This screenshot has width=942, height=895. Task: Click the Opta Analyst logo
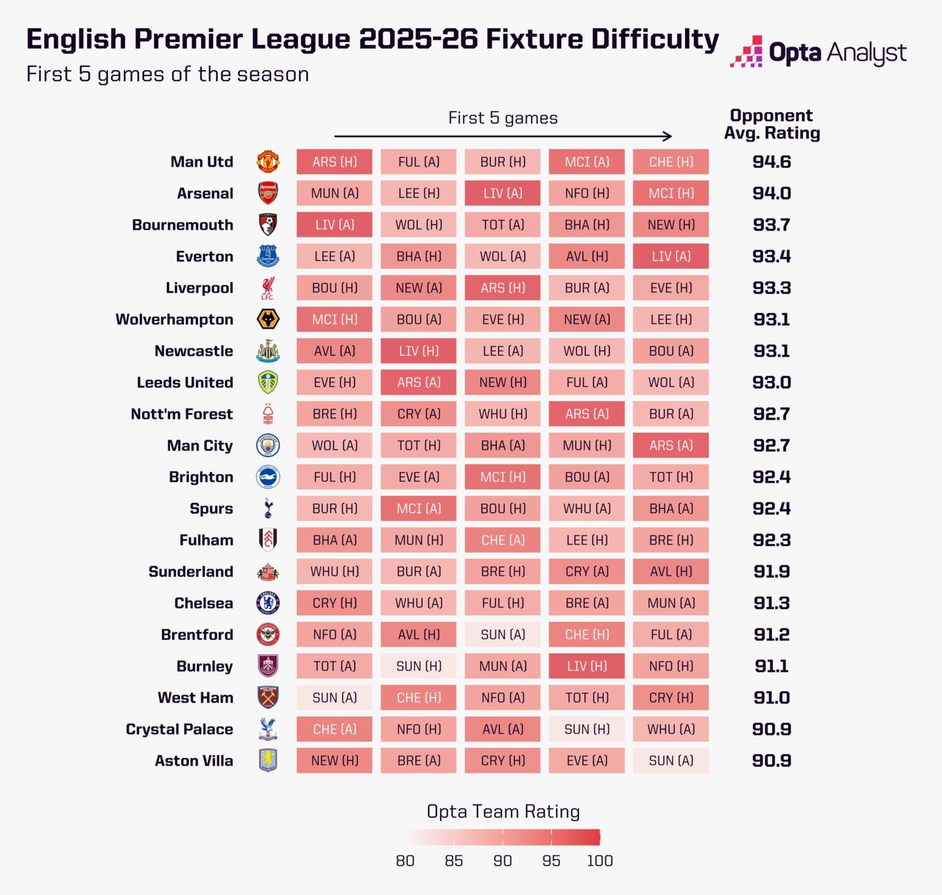click(x=818, y=53)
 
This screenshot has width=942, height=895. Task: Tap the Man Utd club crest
click(x=268, y=162)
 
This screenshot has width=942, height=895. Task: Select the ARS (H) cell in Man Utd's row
click(x=334, y=162)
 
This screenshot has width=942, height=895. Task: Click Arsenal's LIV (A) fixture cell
click(x=502, y=193)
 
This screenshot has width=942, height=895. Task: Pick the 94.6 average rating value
click(x=772, y=162)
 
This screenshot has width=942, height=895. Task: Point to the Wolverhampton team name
click(x=174, y=320)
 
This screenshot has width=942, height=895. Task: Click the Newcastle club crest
click(x=268, y=351)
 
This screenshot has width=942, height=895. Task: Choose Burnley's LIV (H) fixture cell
click(x=586, y=666)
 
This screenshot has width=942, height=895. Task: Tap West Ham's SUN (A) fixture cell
click(x=334, y=697)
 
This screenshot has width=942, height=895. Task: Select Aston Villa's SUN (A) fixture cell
click(x=671, y=761)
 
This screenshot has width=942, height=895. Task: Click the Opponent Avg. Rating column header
click(x=772, y=125)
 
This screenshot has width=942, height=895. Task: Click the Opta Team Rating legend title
click(x=503, y=812)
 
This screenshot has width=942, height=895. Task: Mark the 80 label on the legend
click(x=405, y=861)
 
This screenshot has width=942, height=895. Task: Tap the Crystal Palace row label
click(x=179, y=729)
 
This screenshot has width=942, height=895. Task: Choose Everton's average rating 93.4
click(x=772, y=256)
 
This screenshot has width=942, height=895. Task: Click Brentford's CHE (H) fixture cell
click(x=586, y=635)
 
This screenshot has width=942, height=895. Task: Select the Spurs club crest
click(x=268, y=509)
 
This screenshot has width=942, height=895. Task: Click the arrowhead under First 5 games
click(x=668, y=136)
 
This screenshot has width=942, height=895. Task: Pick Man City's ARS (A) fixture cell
click(x=671, y=445)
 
